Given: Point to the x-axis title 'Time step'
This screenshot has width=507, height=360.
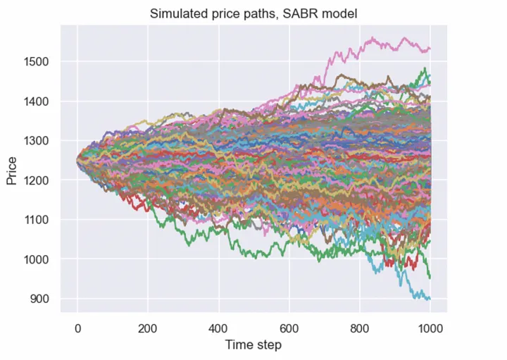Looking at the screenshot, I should (254, 345).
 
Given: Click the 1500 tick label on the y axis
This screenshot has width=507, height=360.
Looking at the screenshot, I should (39, 61).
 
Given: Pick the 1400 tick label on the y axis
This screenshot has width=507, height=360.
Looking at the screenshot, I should (39, 101).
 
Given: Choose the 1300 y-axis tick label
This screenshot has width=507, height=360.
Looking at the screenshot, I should (39, 140).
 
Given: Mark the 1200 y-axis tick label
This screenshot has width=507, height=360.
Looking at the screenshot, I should (39, 180).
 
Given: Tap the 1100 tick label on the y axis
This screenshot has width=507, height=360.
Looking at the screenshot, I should (39, 220).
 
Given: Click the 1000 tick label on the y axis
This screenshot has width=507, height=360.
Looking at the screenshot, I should (39, 259).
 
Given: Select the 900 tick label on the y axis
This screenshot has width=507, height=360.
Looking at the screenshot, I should (42, 299).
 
